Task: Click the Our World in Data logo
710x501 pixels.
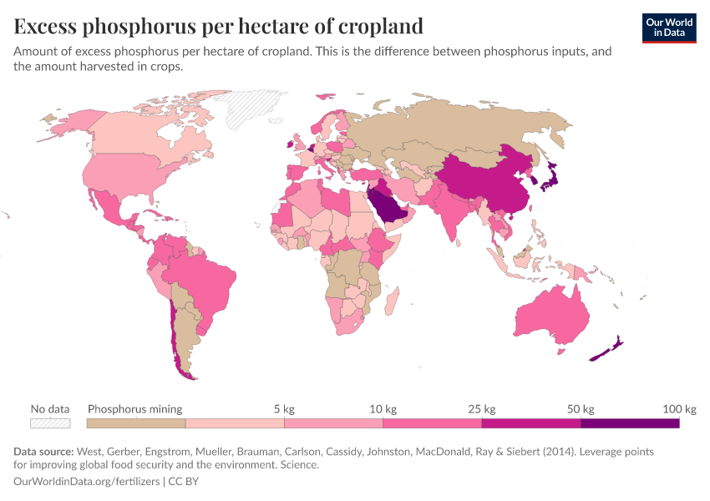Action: pyautogui.click(x=669, y=28)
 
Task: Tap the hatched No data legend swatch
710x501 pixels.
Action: pyautogui.click(x=49, y=423)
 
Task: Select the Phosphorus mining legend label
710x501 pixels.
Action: pyautogui.click(x=135, y=409)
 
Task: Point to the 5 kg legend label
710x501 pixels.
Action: pyautogui.click(x=283, y=409)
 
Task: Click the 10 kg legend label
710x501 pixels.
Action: pyautogui.click(x=383, y=409)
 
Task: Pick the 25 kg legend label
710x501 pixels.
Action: pyautogui.click(x=481, y=409)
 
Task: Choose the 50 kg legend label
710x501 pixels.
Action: pyautogui.click(x=580, y=409)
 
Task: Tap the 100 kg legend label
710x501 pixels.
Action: pyautogui.click(x=679, y=409)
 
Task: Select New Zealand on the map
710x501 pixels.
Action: pyautogui.click(x=608, y=349)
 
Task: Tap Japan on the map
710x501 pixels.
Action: pyautogui.click(x=548, y=174)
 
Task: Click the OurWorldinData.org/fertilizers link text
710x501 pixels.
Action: pyautogui.click(x=88, y=482)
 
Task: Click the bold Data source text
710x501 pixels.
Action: pyautogui.click(x=43, y=452)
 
